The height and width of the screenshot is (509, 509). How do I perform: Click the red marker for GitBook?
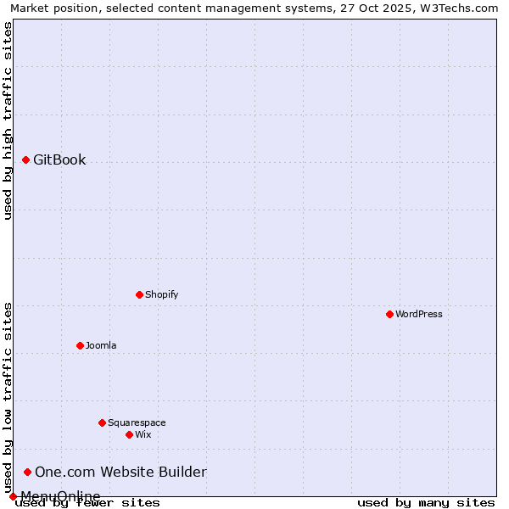coord(25,159)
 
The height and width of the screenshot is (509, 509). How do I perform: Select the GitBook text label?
coord(59,159)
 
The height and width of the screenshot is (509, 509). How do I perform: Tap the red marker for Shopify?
coord(139,294)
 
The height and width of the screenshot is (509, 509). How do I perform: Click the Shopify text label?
coord(161,294)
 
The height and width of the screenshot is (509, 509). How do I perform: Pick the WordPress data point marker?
coord(389,314)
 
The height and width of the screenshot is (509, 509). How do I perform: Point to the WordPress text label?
coord(418,314)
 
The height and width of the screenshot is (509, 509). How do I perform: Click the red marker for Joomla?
coord(80,345)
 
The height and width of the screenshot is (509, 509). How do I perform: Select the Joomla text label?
coord(101,345)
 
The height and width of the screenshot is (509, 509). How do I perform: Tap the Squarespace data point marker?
coord(102,422)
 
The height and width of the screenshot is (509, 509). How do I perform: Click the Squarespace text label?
coord(137,422)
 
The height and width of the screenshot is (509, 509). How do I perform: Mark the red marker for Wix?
coord(129,434)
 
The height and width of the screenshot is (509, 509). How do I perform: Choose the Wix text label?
coord(143,434)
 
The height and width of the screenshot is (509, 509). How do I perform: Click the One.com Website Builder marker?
coord(27,472)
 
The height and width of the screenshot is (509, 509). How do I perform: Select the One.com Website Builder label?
coord(120,472)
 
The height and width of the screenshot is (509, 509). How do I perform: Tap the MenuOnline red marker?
coord(13,496)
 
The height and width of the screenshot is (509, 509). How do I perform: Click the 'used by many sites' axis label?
coord(426,503)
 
